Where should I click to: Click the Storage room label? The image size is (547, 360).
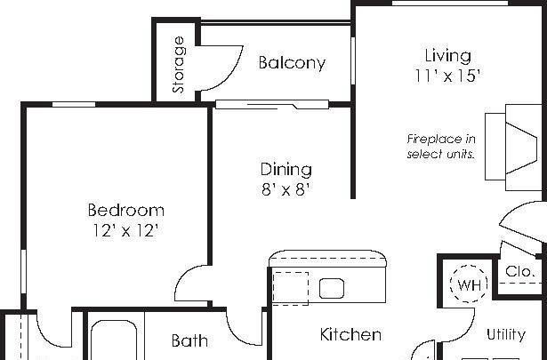[179, 65]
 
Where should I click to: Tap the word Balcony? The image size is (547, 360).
[292, 63]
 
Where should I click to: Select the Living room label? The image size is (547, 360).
[448, 56]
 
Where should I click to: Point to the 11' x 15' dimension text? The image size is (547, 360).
[448, 76]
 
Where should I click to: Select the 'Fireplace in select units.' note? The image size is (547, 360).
[441, 147]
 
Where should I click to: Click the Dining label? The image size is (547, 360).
[286, 169]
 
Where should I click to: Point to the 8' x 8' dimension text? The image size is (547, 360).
[286, 189]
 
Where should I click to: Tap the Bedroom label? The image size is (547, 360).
[125, 211]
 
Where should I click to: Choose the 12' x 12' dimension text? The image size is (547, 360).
[125, 231]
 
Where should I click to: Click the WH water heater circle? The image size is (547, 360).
[467, 285]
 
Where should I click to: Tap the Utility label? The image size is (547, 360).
[505, 334]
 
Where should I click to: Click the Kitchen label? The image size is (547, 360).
[350, 335]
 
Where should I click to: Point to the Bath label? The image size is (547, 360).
[189, 340]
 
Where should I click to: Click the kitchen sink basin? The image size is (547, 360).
[333, 288]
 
